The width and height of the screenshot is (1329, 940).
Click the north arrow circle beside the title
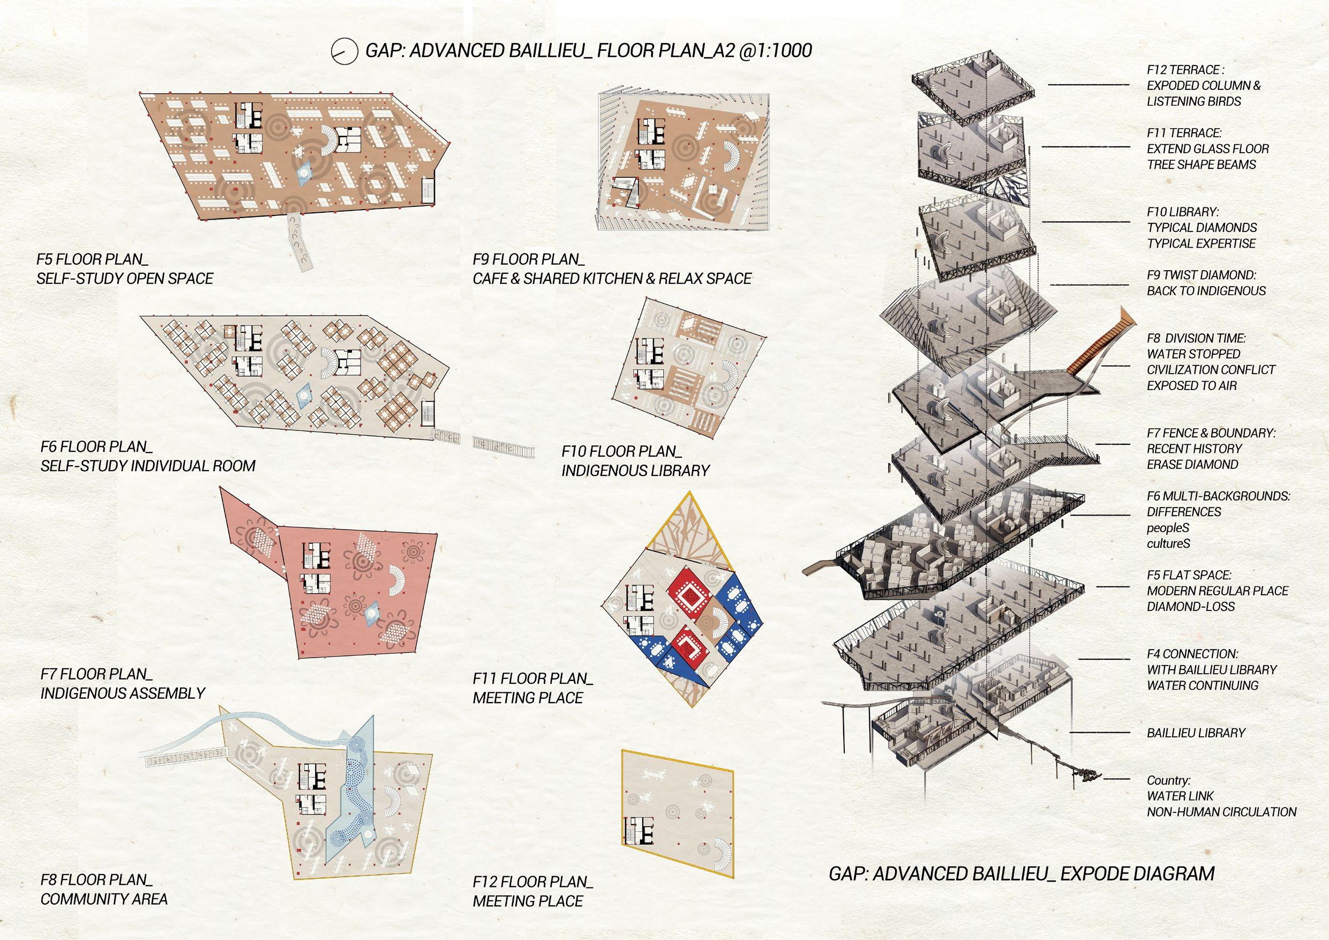click(x=343, y=51)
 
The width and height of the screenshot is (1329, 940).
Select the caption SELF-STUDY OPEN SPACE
click(x=124, y=279)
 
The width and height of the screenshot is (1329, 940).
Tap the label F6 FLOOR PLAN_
click(x=96, y=446)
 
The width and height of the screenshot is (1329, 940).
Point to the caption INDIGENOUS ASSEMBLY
click(x=123, y=693)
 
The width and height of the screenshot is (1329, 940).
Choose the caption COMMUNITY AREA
click(x=104, y=899)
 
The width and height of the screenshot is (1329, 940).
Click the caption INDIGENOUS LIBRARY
click(x=635, y=471)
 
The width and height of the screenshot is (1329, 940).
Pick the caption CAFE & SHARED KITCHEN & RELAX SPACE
click(x=612, y=279)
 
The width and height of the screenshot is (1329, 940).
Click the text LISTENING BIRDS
click(x=1193, y=101)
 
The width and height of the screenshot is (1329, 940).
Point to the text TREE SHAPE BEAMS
click(x=1201, y=165)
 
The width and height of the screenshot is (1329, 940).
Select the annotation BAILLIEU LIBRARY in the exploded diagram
click(x=1196, y=733)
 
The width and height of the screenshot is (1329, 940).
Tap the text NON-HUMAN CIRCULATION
click(x=1221, y=812)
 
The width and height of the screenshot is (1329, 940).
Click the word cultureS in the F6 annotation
click(x=1169, y=544)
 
